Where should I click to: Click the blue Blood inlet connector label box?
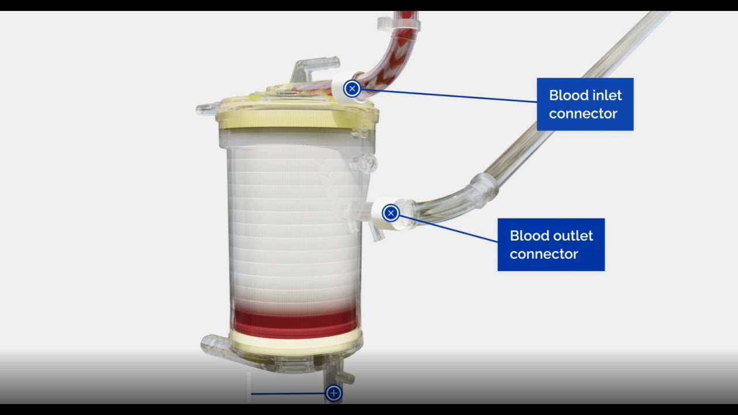(585, 104)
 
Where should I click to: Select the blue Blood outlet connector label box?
(551, 244)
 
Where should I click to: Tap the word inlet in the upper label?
(604, 95)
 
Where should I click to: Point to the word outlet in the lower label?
(573, 235)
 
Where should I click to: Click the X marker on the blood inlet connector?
(352, 89)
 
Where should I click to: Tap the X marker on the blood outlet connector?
(391, 213)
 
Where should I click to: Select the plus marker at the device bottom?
(333, 393)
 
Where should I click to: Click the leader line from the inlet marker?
(450, 96)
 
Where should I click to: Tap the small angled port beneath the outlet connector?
(376, 233)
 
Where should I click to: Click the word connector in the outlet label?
(544, 254)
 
